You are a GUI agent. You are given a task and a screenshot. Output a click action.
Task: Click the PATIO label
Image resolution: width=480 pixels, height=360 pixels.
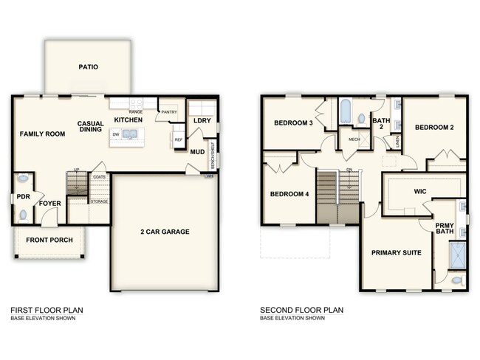coord(88,67)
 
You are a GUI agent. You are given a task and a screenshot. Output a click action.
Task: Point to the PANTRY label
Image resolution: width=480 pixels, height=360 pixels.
coord(169,113)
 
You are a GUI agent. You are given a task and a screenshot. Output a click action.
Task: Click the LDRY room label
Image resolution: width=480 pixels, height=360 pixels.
coord(201,120)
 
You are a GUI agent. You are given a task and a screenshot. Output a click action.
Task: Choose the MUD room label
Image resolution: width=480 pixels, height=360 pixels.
coord(197,152)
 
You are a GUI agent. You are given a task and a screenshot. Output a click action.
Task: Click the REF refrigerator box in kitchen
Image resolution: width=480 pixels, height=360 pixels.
coord(178,138)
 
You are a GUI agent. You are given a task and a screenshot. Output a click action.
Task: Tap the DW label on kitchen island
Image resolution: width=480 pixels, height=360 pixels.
coord(116,134)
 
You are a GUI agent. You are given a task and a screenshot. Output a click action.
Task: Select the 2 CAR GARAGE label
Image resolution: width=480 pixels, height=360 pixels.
coord(165,232)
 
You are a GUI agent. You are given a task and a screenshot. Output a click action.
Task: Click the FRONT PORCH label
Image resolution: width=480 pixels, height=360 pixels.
coord(48,240)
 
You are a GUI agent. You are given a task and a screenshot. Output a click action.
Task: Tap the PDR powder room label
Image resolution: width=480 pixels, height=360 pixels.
coord(23,197)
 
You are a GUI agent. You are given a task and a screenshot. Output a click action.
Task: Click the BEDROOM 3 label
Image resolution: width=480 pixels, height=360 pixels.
coord(292,122)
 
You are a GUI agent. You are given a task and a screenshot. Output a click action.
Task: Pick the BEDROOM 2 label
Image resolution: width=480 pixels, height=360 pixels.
coord(433,127)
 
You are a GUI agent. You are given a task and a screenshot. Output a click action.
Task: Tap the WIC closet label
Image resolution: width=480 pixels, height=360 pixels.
coord(419,191)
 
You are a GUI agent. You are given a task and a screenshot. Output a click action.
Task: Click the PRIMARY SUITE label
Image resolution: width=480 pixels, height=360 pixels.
coord(397,253)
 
